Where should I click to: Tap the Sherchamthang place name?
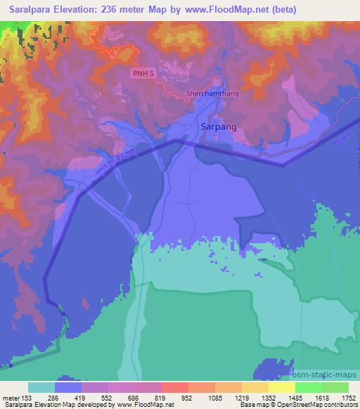click(x=214, y=93)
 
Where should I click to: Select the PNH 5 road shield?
click(x=142, y=73)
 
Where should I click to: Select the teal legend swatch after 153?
click(x=41, y=387)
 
